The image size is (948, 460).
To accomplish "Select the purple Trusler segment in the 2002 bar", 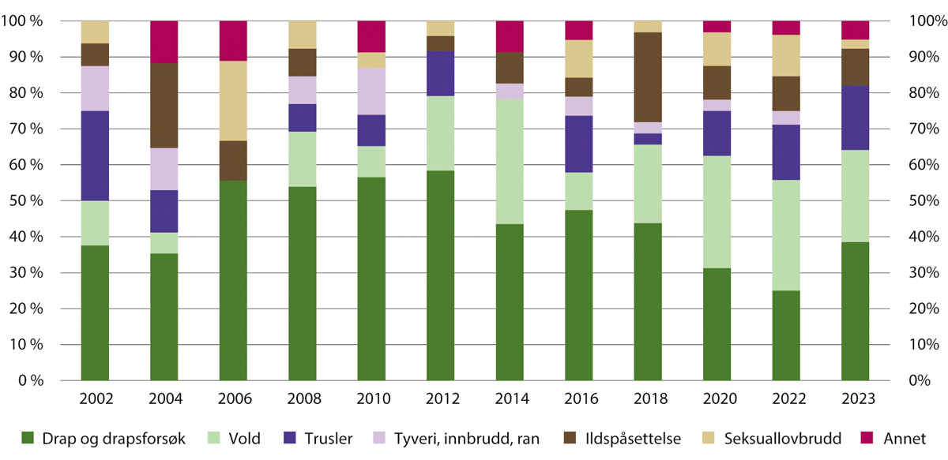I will tap(95, 154).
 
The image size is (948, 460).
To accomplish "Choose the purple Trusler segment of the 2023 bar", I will tap(855, 118).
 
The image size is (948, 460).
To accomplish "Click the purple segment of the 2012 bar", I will tap(440, 73).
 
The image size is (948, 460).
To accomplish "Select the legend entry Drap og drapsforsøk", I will tap(103, 438).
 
